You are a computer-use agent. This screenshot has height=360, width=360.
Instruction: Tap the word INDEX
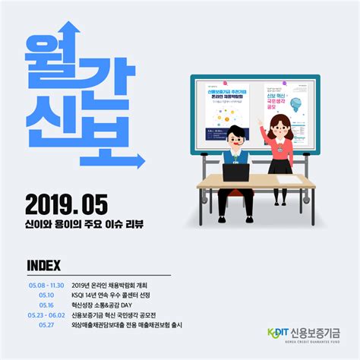pos(43,265)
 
